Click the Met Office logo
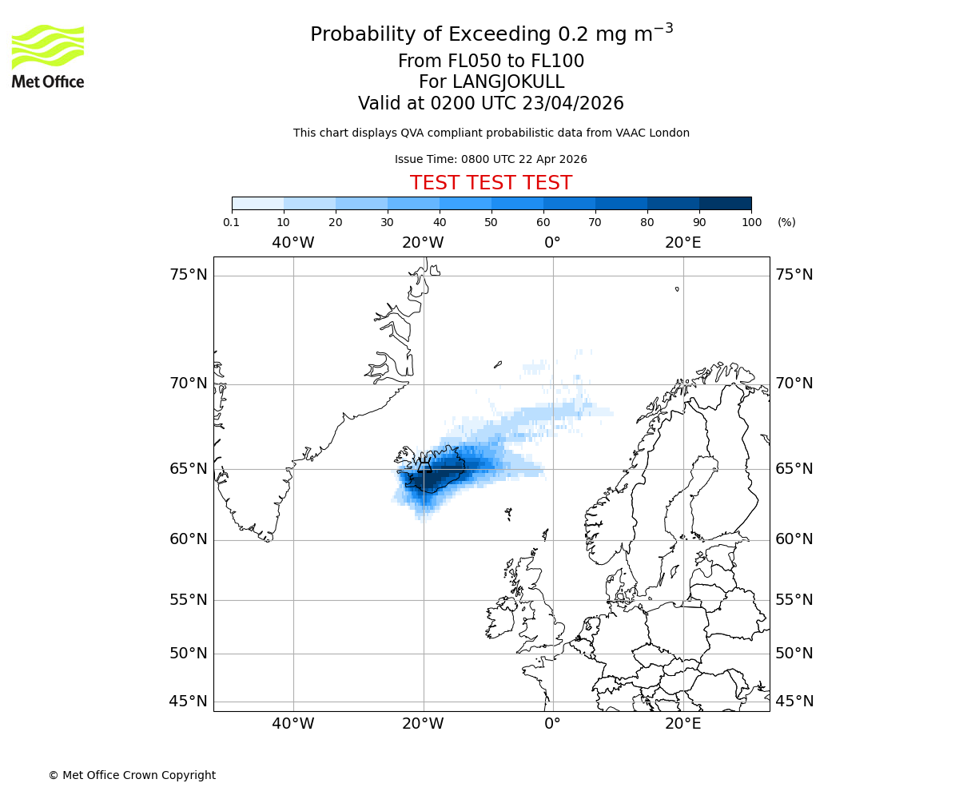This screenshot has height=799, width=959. [48, 56]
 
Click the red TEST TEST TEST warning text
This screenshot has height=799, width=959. [491, 183]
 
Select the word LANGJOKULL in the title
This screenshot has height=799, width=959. [508, 82]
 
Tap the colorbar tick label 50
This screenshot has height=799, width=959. [491, 222]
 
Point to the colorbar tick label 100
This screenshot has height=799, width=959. [751, 222]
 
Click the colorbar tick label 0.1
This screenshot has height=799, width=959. [232, 222]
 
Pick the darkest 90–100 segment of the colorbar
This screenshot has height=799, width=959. [725, 203]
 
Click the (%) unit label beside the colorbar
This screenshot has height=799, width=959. [786, 222]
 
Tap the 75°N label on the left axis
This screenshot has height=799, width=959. [189, 275]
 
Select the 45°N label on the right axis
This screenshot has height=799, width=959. [794, 702]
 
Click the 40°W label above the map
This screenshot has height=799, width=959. [293, 243]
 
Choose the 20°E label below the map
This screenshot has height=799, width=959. [682, 725]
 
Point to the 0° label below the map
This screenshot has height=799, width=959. [552, 725]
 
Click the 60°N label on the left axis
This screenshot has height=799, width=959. [189, 539]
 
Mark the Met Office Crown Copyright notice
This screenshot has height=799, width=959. [132, 775]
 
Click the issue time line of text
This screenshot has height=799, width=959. [491, 159]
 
